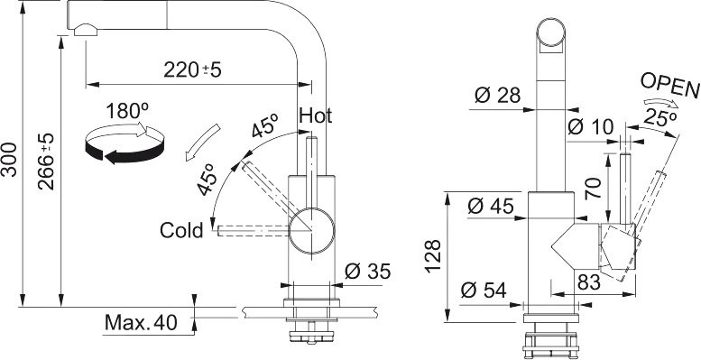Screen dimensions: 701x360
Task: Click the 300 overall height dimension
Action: [x=9, y=160]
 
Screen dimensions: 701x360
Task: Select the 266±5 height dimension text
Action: [x=47, y=161]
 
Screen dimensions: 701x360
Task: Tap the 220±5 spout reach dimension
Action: [x=193, y=69]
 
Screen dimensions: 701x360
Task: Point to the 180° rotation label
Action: [x=127, y=111]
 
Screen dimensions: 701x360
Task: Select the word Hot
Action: [x=316, y=115]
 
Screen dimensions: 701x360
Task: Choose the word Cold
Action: [x=181, y=231]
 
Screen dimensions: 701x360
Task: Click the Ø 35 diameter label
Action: [x=368, y=272]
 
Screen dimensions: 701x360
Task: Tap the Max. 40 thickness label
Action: [x=142, y=322]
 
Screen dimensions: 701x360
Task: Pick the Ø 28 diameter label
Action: [x=498, y=96]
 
